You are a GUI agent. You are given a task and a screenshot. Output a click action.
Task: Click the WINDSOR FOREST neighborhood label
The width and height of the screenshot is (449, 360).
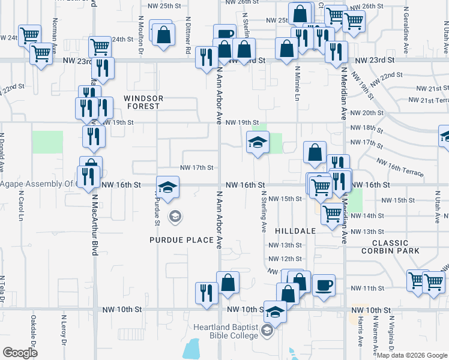(142, 101)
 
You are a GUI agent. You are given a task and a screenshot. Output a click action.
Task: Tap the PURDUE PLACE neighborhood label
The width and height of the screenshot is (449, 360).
(182, 240)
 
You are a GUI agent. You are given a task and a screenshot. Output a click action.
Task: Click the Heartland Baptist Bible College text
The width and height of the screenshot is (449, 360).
(224, 331)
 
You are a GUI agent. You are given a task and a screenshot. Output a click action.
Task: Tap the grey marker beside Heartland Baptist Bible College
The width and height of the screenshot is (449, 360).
(268, 331)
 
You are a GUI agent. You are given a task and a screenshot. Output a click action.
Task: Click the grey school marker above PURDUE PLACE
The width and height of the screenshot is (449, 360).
(175, 216)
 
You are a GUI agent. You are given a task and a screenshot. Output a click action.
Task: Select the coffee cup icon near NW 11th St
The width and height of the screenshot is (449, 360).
(324, 284)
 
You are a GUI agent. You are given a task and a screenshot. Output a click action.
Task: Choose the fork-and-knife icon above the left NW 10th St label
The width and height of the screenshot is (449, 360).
(206, 293)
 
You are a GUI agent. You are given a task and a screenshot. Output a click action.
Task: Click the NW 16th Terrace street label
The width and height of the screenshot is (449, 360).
(400, 168)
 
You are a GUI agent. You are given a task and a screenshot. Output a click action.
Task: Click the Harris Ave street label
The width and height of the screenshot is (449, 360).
(360, 332)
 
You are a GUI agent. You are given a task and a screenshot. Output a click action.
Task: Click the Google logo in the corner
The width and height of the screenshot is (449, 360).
(20, 353)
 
